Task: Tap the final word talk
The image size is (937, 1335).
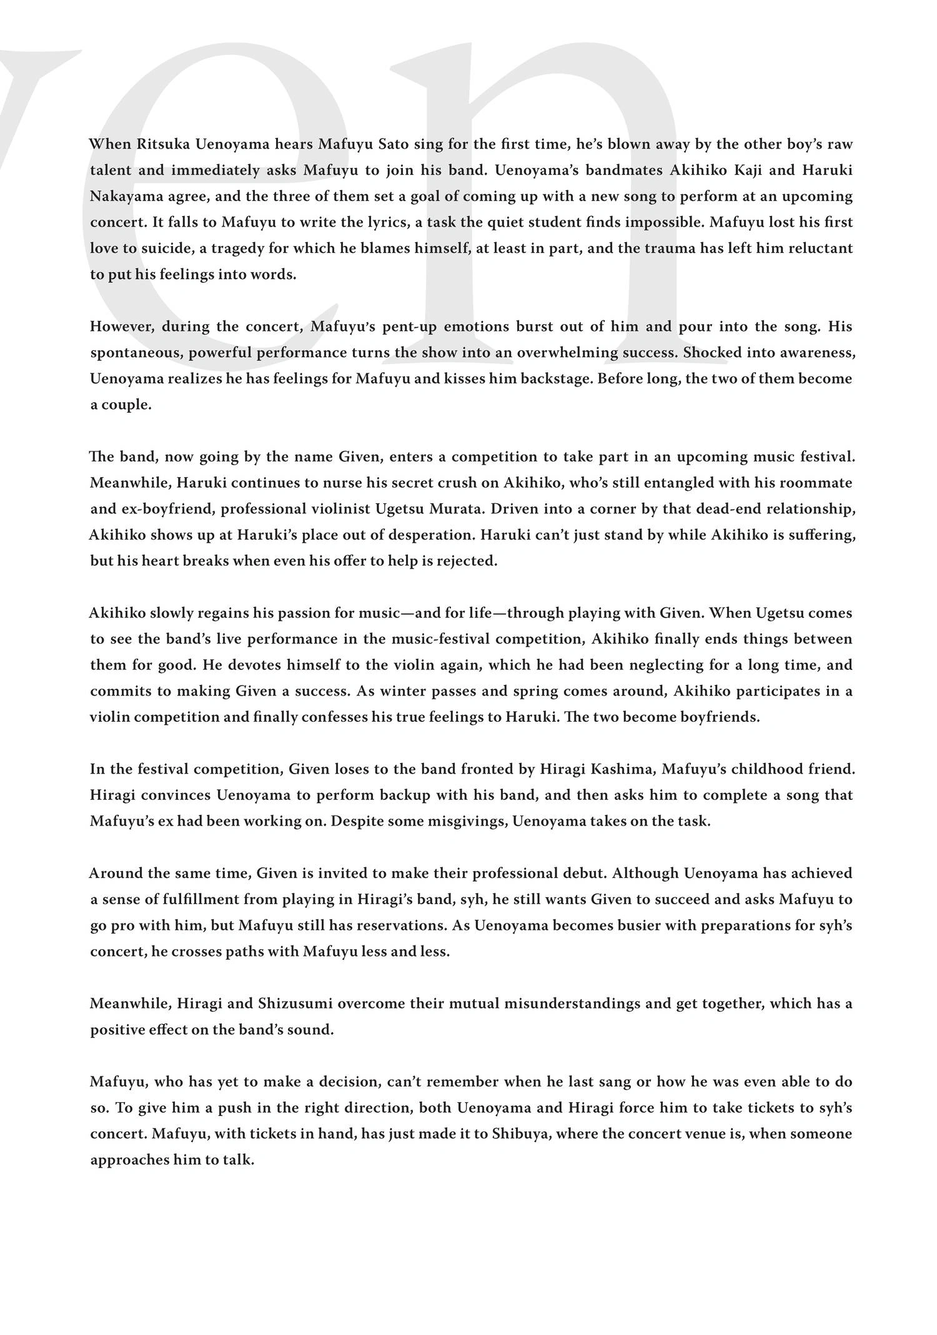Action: click(x=239, y=1160)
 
